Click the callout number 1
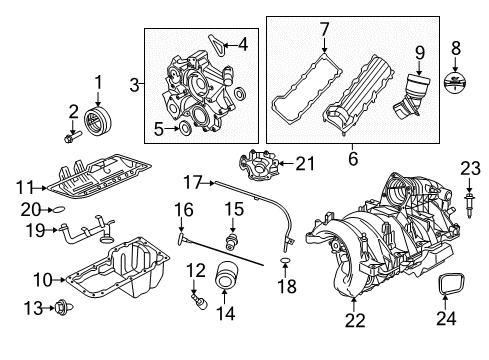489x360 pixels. click(98, 81)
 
